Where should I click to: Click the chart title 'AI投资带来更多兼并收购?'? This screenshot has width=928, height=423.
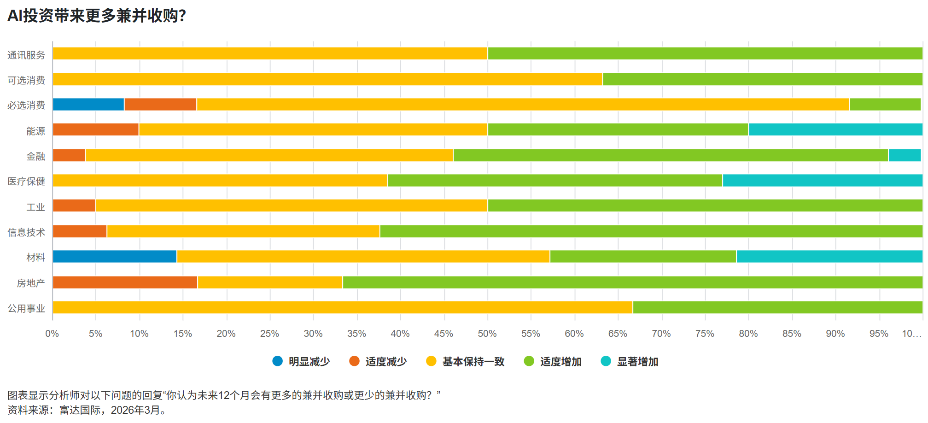[97, 16]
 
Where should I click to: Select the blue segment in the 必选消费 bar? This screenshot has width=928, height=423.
[88, 105]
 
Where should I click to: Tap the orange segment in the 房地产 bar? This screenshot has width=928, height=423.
[125, 282]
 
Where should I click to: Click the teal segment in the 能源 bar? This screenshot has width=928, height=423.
[835, 129]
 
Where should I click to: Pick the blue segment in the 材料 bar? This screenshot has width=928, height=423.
[115, 257]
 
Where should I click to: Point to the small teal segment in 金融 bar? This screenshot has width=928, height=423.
[904, 155]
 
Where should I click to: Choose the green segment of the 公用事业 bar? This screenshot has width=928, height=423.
[777, 307]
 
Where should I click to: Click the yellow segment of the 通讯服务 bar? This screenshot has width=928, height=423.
[270, 53]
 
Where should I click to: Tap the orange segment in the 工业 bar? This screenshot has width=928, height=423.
[74, 206]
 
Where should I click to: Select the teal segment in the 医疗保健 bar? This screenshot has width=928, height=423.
[822, 181]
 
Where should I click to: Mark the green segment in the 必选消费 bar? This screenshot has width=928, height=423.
[885, 105]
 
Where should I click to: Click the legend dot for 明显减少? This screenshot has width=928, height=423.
[277, 361]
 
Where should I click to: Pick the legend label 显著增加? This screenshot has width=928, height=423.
[637, 362]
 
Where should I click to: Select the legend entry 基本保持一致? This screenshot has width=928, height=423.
[473, 362]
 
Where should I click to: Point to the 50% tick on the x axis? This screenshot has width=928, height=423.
[487, 334]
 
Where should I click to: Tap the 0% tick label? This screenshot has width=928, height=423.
[52, 334]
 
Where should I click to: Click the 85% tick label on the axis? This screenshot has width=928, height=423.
[792, 334]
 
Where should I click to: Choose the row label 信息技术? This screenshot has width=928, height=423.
[26, 232]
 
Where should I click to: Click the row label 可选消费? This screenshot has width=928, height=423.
[26, 80]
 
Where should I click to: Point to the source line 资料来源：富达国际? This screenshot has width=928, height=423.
[88, 410]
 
